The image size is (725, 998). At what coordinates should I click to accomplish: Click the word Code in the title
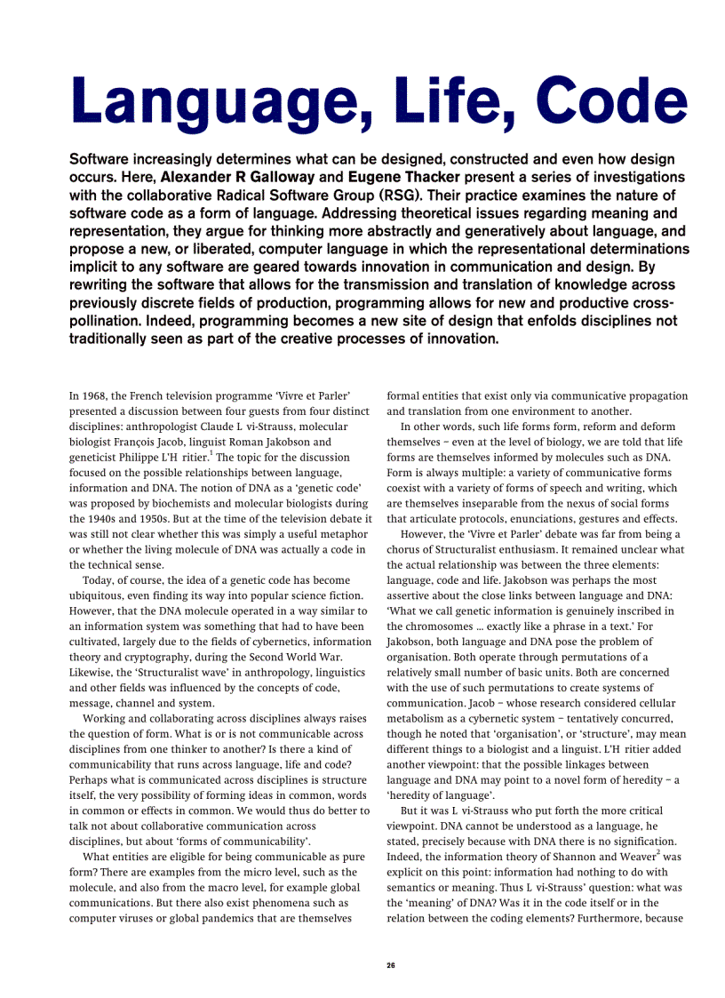605,100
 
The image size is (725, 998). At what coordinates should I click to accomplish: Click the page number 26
391,964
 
